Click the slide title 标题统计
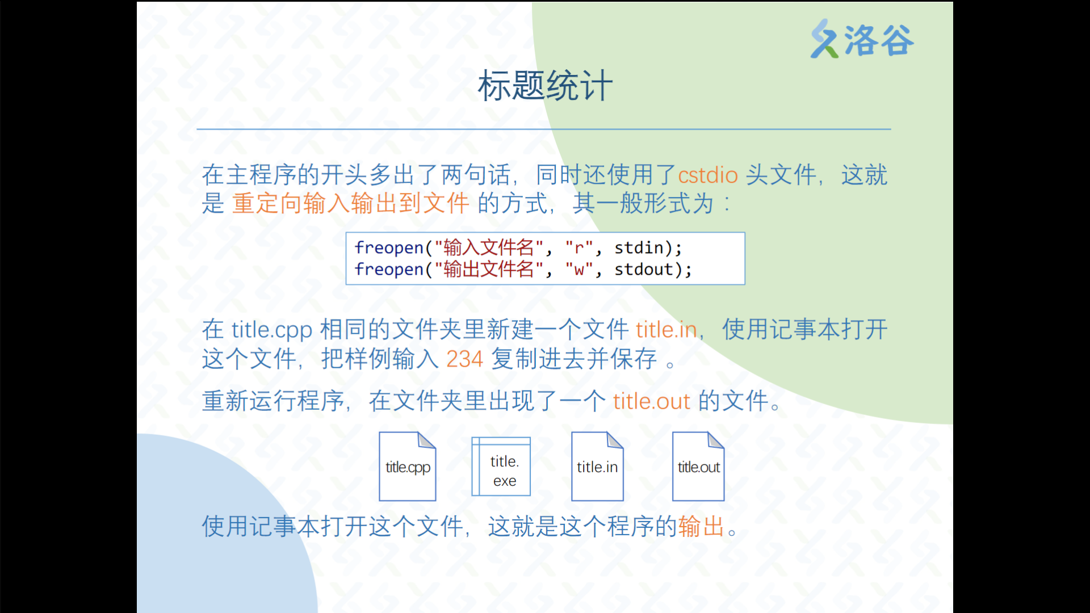[x=545, y=86]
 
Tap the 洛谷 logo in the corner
[x=862, y=39]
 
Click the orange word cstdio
[x=708, y=175]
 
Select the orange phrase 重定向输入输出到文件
[x=350, y=203]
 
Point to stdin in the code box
[x=639, y=247]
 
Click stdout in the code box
[x=644, y=269]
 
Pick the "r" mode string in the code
[x=579, y=247]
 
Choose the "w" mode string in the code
[x=579, y=269]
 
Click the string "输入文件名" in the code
[x=489, y=247]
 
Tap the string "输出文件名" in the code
[x=489, y=269]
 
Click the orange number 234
[x=464, y=359]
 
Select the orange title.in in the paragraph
[x=666, y=329]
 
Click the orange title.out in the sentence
[x=651, y=401]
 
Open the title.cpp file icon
[x=408, y=467]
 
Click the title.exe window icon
[x=501, y=467]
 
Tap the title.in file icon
[x=597, y=467]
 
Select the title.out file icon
[x=698, y=467]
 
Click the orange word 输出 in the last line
[x=701, y=526]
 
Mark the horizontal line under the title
[x=544, y=129]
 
